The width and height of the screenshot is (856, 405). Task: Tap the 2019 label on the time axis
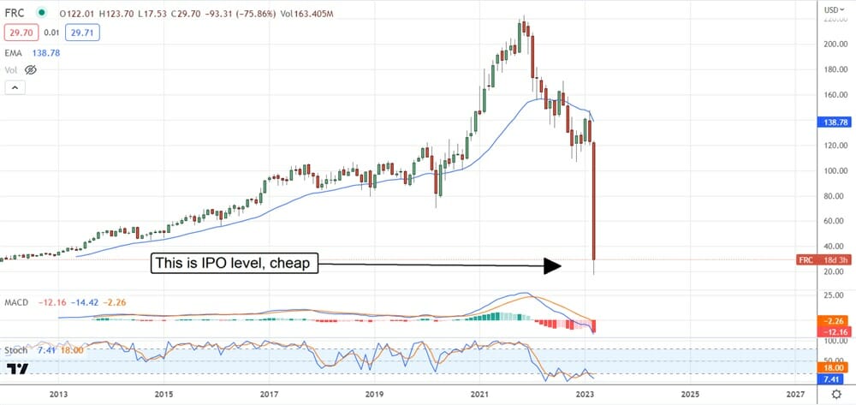tap(375, 394)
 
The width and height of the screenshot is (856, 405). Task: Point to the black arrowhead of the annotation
tap(552, 265)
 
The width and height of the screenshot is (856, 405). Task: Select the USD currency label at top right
tap(830, 9)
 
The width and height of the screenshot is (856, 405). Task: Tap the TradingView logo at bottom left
tap(18, 369)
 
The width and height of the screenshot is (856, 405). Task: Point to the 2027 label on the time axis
tap(795, 394)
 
